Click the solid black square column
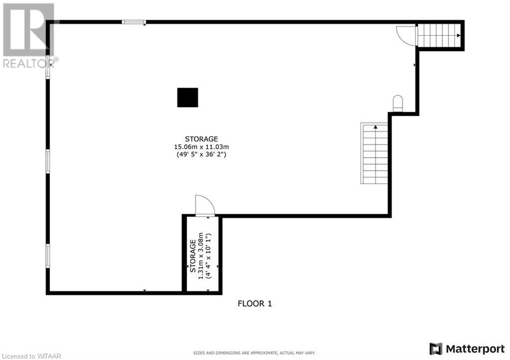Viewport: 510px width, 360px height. point(188,98)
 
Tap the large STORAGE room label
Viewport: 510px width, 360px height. point(201,139)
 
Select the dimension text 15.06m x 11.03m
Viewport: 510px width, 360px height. point(201,147)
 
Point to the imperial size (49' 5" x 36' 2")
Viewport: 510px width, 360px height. point(201,155)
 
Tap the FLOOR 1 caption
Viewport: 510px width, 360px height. point(255,303)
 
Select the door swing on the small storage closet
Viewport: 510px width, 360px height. point(204,205)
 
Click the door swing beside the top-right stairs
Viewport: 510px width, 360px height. point(406,35)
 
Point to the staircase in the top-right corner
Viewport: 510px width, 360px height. point(438,35)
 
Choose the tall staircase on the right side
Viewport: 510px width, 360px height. point(375,153)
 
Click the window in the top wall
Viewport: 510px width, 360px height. point(134,22)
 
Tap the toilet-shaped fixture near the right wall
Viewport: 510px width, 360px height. point(397,103)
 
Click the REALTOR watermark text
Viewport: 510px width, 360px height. point(30,63)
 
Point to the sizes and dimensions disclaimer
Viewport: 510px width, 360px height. point(254,353)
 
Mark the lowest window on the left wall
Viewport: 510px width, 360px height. point(48,256)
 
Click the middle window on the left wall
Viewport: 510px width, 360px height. point(48,161)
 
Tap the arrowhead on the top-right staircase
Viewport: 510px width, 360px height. point(458,35)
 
